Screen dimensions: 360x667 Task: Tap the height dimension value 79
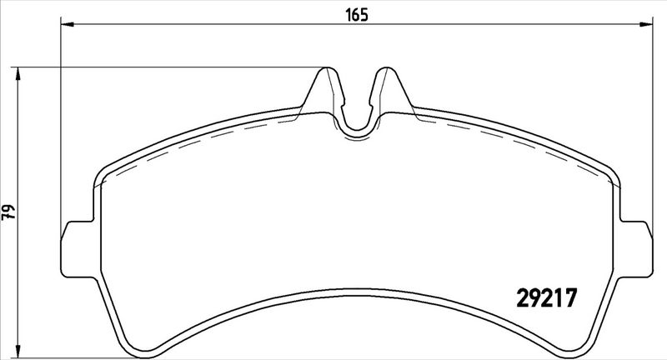coord(9,212)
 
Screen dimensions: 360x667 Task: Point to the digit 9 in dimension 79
coord(9,207)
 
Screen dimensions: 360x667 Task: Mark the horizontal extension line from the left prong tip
coord(167,67)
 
